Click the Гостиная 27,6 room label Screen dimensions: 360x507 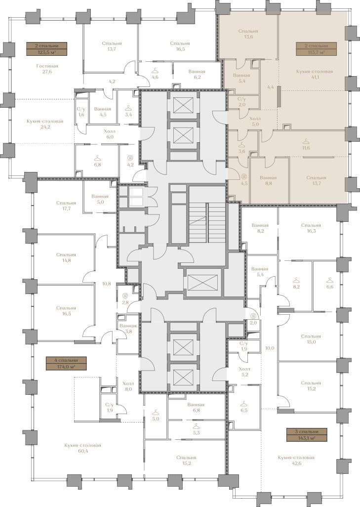pyautogui.click(x=47, y=69)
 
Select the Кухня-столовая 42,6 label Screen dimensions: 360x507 pyautogui.click(x=296, y=461)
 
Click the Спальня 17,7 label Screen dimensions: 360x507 pyautogui.click(x=66, y=206)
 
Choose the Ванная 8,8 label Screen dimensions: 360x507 pyautogui.click(x=268, y=180)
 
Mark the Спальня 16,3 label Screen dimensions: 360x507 pyautogui.click(x=311, y=228)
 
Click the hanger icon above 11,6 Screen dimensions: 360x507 pyautogui.click(x=306, y=141)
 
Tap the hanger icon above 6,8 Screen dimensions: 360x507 pyautogui.click(x=97, y=158)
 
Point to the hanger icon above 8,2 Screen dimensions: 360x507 pyautogui.click(x=295, y=280)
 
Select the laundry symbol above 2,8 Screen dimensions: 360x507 pyautogui.click(x=125, y=295)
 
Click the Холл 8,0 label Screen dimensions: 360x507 pyautogui.click(x=128, y=386)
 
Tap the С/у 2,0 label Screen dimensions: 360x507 pyautogui.click(x=241, y=102)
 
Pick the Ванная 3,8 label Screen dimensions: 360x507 pyautogui.click(x=128, y=329)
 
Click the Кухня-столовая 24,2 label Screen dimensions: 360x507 pyautogui.click(x=45, y=124)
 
